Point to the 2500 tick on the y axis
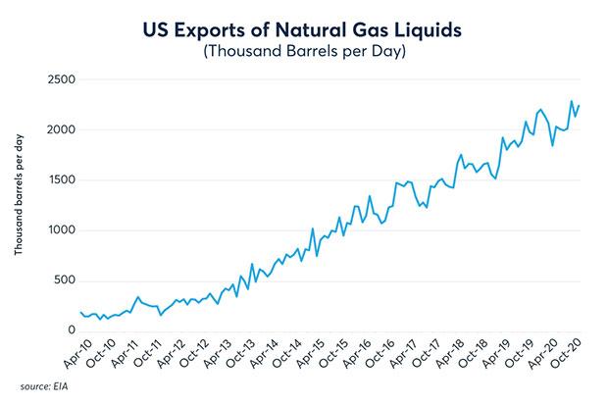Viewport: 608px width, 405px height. coord(60,78)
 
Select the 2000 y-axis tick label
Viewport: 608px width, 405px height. coord(60,129)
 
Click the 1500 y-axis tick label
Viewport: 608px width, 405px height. coord(60,179)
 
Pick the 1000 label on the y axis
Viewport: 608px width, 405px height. coord(60,230)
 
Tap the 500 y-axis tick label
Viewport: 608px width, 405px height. coord(63,280)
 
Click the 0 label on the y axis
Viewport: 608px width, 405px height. coord(70,331)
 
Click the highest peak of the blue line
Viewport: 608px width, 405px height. coord(572,101)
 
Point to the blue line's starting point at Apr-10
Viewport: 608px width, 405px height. coord(80,312)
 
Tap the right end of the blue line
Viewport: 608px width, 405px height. coord(580,106)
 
